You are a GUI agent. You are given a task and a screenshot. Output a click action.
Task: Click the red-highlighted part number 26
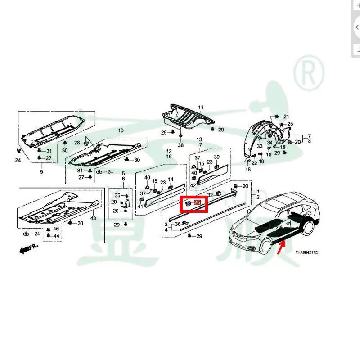click(x=197, y=203)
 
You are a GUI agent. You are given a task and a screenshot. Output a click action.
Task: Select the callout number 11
click(x=201, y=107)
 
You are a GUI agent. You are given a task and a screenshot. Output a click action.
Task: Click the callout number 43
click(x=93, y=218)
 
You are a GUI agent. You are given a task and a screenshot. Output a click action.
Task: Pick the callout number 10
click(x=121, y=131)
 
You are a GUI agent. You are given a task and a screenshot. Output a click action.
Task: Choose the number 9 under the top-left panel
click(x=41, y=172)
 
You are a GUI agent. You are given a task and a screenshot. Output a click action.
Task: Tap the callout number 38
click(x=181, y=146)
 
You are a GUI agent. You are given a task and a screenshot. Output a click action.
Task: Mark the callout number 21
click(x=286, y=117)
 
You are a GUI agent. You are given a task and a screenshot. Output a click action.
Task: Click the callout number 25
click(x=290, y=124)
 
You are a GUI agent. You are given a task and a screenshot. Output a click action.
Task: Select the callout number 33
click(x=260, y=147)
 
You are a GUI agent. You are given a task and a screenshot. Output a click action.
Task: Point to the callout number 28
click(x=77, y=143)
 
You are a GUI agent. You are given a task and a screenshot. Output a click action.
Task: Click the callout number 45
click(x=56, y=229)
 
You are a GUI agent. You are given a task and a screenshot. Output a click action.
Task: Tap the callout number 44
click(x=56, y=236)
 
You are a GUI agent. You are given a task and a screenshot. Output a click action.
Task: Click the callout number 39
click(x=216, y=157)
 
